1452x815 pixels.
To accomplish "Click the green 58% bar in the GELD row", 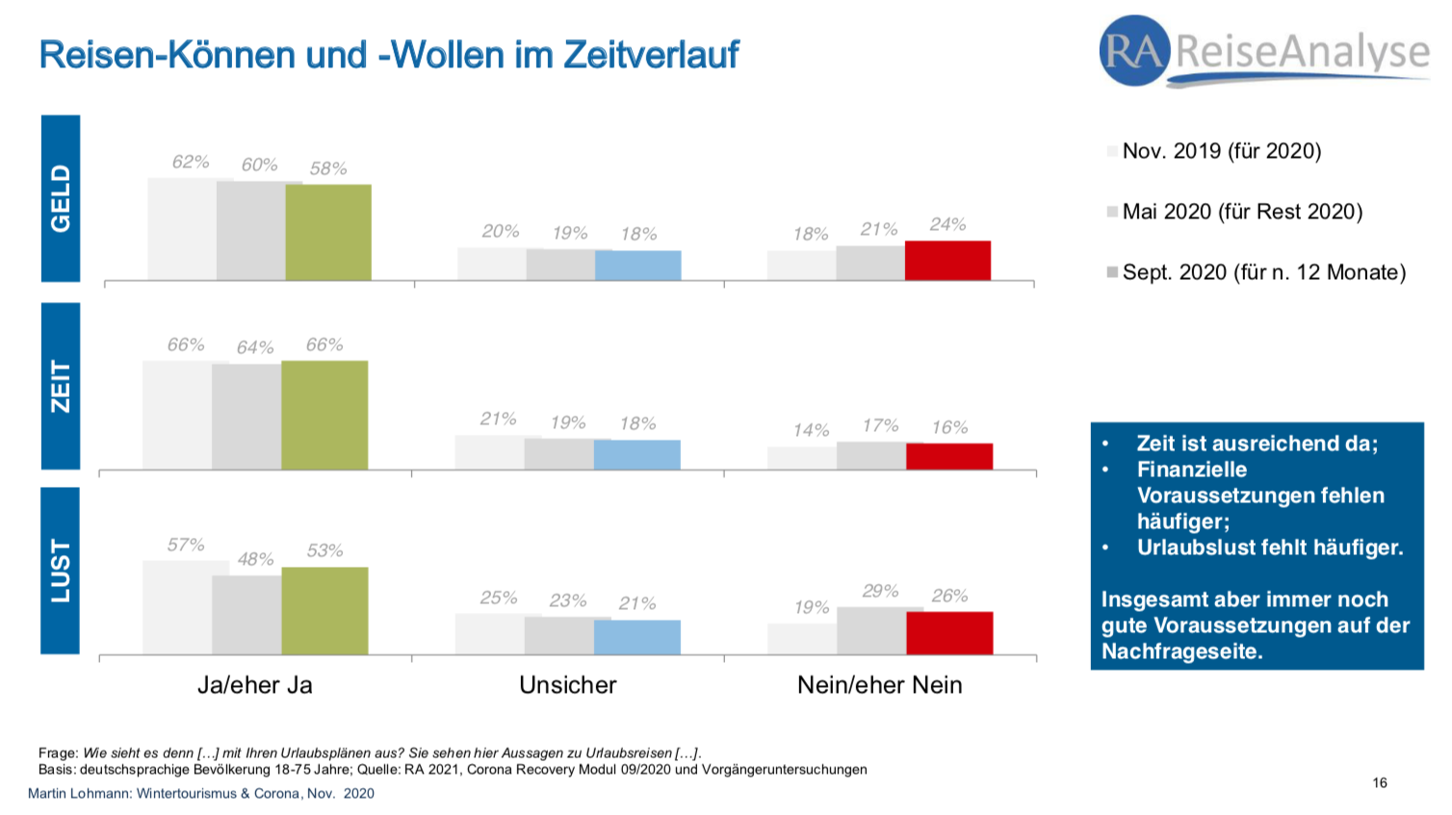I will coord(328,232).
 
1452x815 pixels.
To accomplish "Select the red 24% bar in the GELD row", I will coord(947,260).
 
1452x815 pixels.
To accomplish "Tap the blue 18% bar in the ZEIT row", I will coord(636,454).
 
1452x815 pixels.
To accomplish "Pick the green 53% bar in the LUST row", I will coord(324,610).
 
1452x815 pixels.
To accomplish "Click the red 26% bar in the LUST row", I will coord(949,632).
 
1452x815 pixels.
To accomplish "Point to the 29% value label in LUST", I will coord(880,591).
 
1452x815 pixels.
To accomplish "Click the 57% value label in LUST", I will coord(186,545).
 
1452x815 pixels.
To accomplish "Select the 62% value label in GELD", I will coord(191,162).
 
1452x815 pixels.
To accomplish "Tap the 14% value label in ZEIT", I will coord(811,430).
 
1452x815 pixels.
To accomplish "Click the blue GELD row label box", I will coord(61,198).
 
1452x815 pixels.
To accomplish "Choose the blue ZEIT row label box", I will coord(61,386).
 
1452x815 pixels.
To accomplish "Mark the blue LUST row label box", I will coord(61,571).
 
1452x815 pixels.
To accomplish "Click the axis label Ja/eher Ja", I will coord(255,685).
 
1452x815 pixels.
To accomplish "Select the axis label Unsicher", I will coord(567,685).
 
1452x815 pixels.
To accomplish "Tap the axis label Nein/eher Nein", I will coord(879,685).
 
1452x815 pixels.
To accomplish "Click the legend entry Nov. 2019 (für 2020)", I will coord(1221,151).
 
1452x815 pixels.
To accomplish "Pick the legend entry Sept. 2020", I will coord(1263,272).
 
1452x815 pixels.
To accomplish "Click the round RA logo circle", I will coord(1134,50).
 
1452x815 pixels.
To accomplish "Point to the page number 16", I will coord(1380,782).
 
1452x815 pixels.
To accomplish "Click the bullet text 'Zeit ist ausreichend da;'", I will coord(1257,444).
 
